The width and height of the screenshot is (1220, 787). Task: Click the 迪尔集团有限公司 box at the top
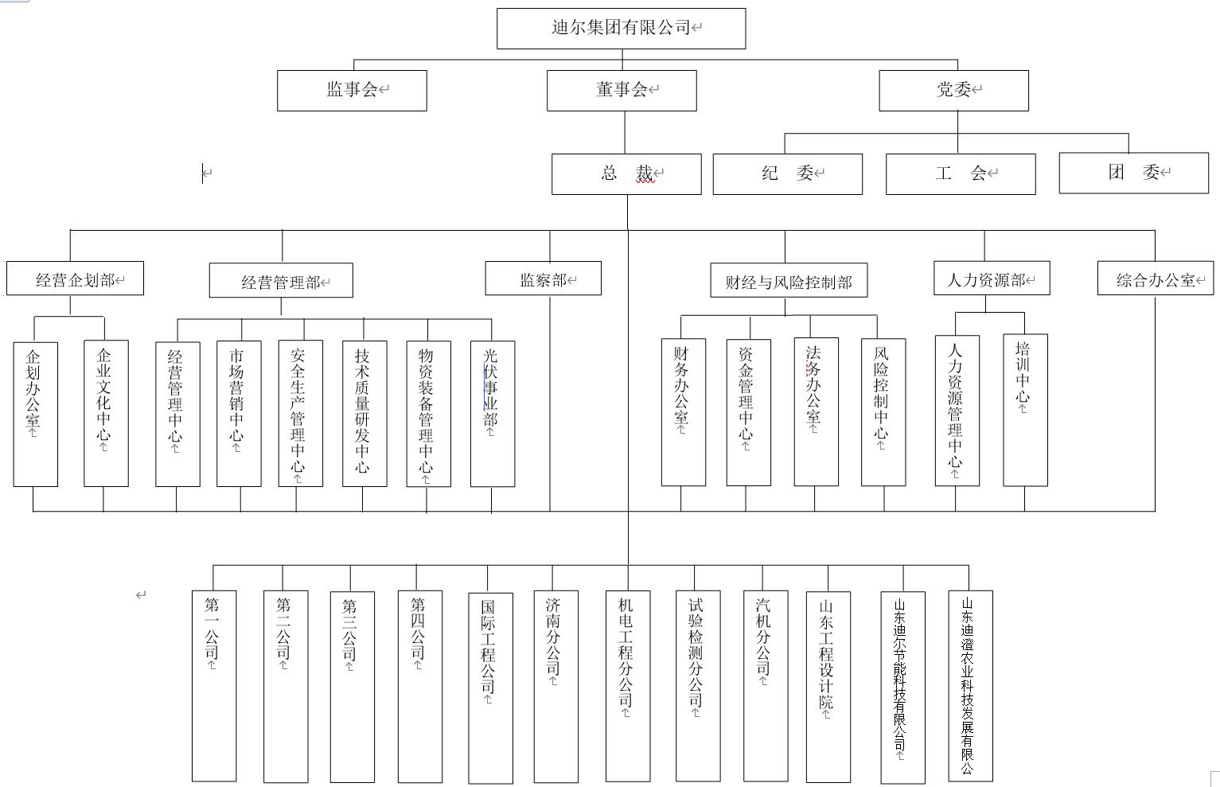click(621, 29)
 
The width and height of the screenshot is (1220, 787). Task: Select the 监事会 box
click(352, 90)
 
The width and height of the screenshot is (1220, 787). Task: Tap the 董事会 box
click(622, 90)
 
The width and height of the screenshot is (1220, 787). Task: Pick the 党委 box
click(953, 90)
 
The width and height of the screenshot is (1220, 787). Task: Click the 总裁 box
click(626, 173)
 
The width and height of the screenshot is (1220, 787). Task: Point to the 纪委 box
click(787, 173)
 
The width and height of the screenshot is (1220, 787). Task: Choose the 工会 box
click(961, 173)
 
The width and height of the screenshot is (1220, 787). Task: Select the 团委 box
click(1133, 173)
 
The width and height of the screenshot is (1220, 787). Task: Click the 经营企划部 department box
click(75, 279)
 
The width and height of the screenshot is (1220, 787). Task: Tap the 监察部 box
click(543, 279)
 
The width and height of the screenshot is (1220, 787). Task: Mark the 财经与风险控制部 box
click(789, 281)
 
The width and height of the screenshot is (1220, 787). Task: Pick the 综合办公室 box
click(1156, 279)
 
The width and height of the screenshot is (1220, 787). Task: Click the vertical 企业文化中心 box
click(106, 412)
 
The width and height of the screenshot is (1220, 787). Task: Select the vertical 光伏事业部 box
click(492, 412)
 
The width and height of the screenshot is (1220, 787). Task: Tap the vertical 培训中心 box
click(1025, 409)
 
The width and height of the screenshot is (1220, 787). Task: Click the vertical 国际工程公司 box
click(489, 686)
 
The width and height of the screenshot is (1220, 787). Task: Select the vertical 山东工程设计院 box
click(828, 686)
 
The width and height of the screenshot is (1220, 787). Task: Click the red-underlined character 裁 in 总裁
click(645, 173)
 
